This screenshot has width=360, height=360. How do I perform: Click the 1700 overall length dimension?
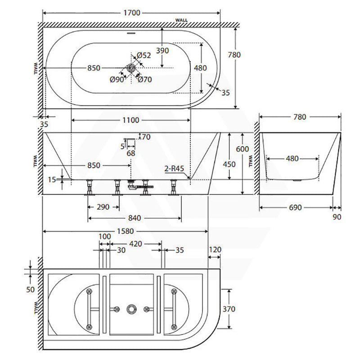(x=131, y=13)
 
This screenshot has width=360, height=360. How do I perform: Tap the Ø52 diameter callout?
(x=144, y=55)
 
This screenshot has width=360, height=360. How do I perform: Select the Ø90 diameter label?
(x=117, y=80)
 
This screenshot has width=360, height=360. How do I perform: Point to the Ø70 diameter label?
(x=145, y=80)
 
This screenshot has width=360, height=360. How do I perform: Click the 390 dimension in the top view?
(x=162, y=50)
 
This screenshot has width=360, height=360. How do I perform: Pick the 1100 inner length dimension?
(x=130, y=120)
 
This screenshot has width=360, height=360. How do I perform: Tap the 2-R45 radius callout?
(x=174, y=169)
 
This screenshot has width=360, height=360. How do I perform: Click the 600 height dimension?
(x=243, y=149)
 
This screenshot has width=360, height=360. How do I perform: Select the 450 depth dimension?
(x=229, y=164)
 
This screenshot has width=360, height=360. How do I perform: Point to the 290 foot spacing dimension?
(x=103, y=207)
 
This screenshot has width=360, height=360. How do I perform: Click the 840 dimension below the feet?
(x=135, y=218)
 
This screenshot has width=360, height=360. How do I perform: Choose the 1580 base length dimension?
(x=126, y=231)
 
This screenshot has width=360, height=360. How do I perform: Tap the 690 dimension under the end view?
(x=295, y=207)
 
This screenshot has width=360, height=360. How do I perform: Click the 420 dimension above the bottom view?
(x=136, y=244)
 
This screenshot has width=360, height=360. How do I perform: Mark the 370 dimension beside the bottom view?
(x=229, y=309)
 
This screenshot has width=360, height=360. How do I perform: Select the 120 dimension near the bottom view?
(x=215, y=250)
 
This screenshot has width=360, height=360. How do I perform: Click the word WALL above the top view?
(x=181, y=20)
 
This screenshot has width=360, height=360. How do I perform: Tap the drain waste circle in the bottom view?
(x=131, y=309)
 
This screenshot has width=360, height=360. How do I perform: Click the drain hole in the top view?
(x=131, y=68)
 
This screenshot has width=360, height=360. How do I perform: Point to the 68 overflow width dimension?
(x=131, y=153)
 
